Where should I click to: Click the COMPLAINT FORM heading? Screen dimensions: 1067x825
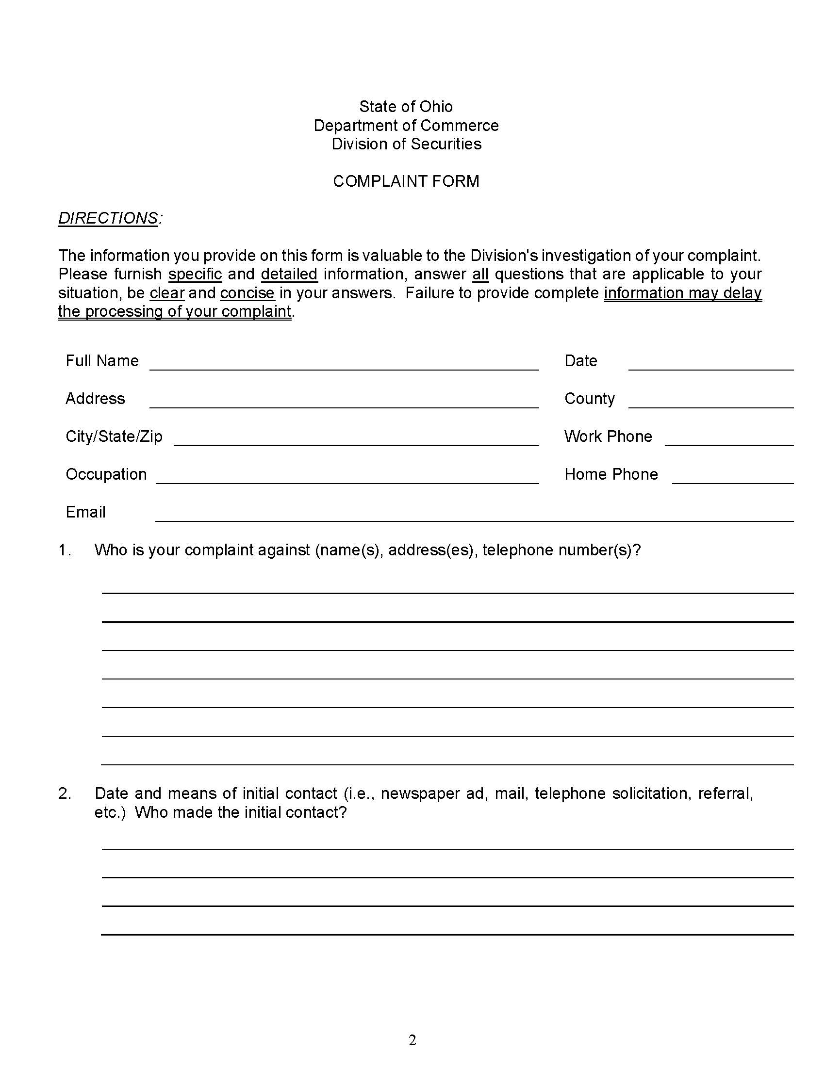[406, 181]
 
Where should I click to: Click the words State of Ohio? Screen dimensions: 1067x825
[406, 107]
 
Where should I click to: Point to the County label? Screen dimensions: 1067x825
[589, 399]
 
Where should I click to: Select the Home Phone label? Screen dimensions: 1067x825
[610, 474]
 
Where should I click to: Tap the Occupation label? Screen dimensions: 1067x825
[106, 474]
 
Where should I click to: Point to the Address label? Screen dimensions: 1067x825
[95, 399]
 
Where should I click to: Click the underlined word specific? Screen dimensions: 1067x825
[195, 274]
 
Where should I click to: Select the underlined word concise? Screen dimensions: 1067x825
[247, 293]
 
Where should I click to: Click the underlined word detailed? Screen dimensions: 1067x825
[289, 274]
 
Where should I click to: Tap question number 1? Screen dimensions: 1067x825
[65, 550]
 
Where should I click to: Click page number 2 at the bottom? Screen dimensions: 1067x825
[412, 1041]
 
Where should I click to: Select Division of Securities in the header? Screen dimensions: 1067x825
[406, 144]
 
